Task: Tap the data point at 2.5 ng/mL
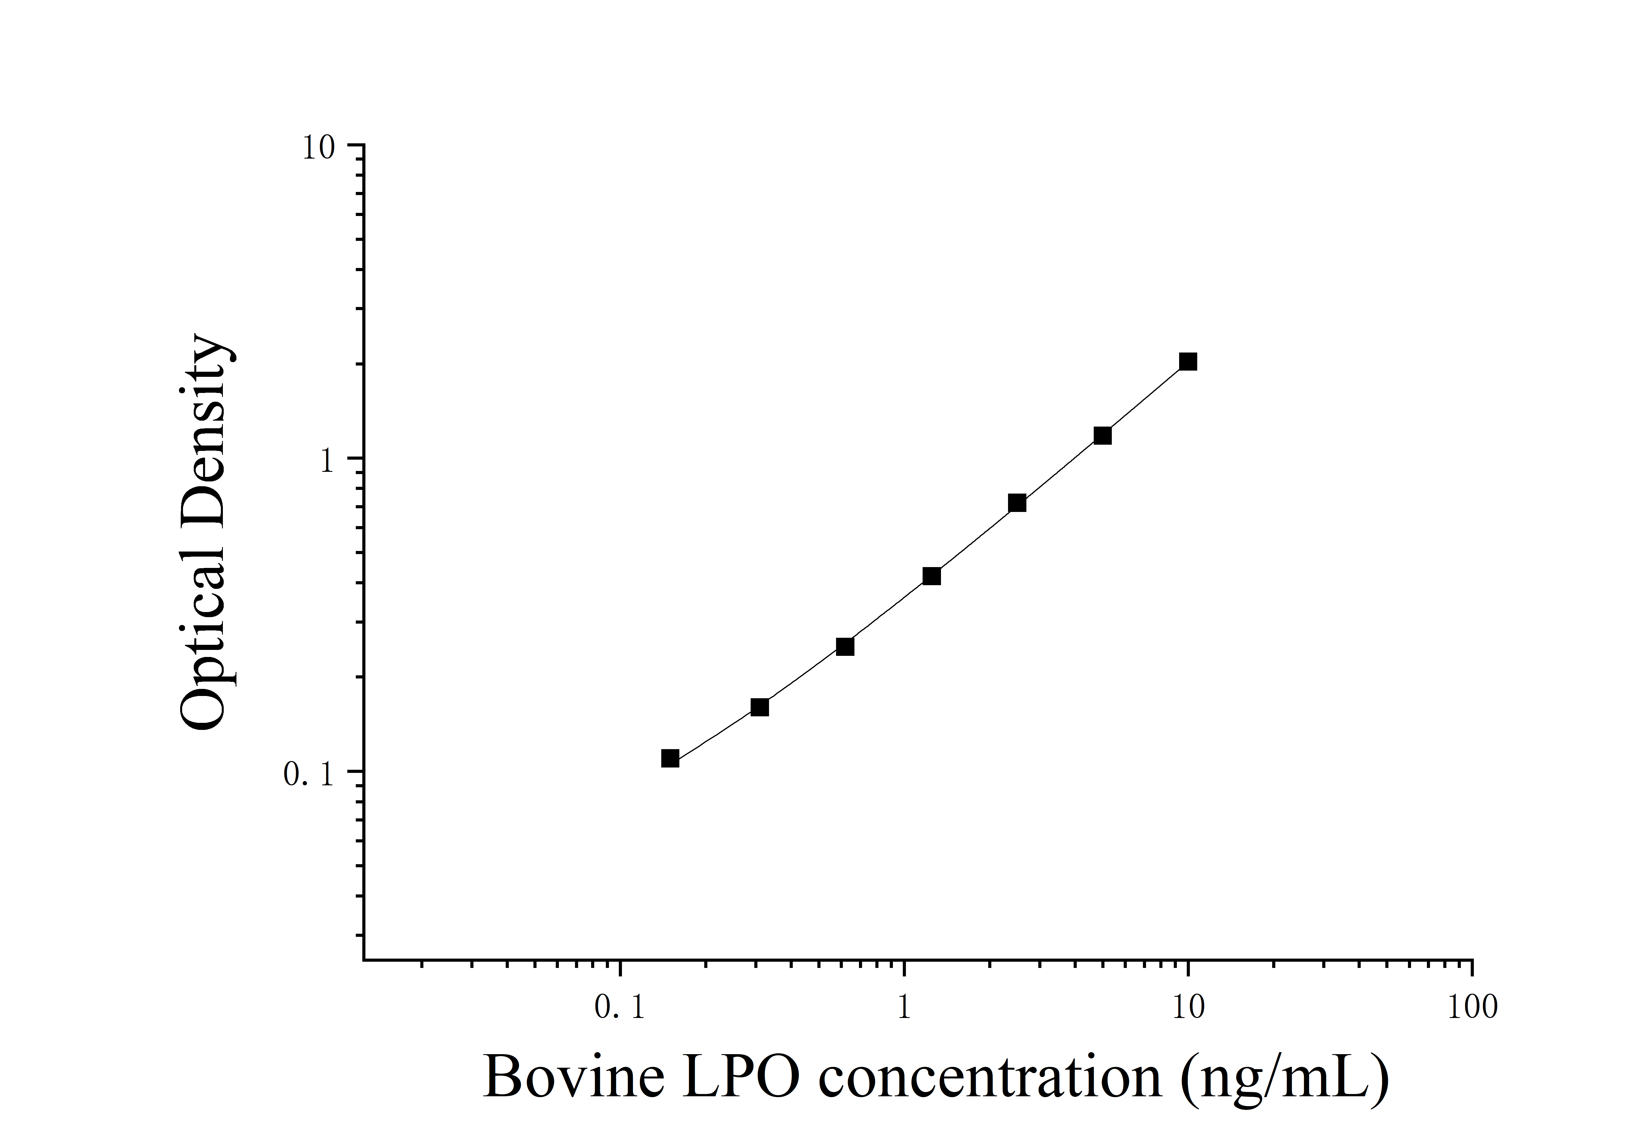pos(1017,503)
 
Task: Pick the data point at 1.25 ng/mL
pos(932,576)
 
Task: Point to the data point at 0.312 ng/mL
pos(759,707)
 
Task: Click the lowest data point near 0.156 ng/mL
pos(670,758)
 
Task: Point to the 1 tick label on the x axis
pos(904,1007)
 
